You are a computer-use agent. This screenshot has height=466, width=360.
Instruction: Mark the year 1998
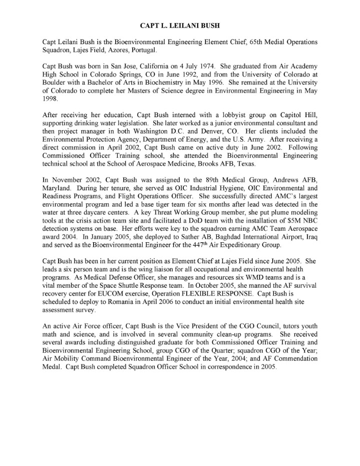click(x=51, y=102)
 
